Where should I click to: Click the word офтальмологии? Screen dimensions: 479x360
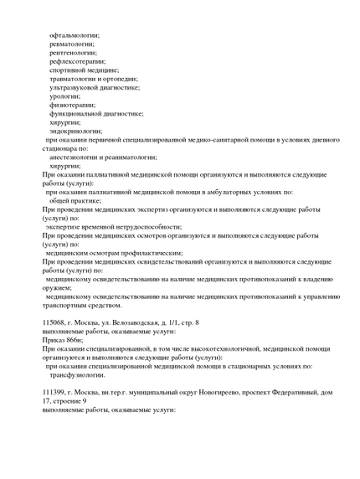tap(74, 34)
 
